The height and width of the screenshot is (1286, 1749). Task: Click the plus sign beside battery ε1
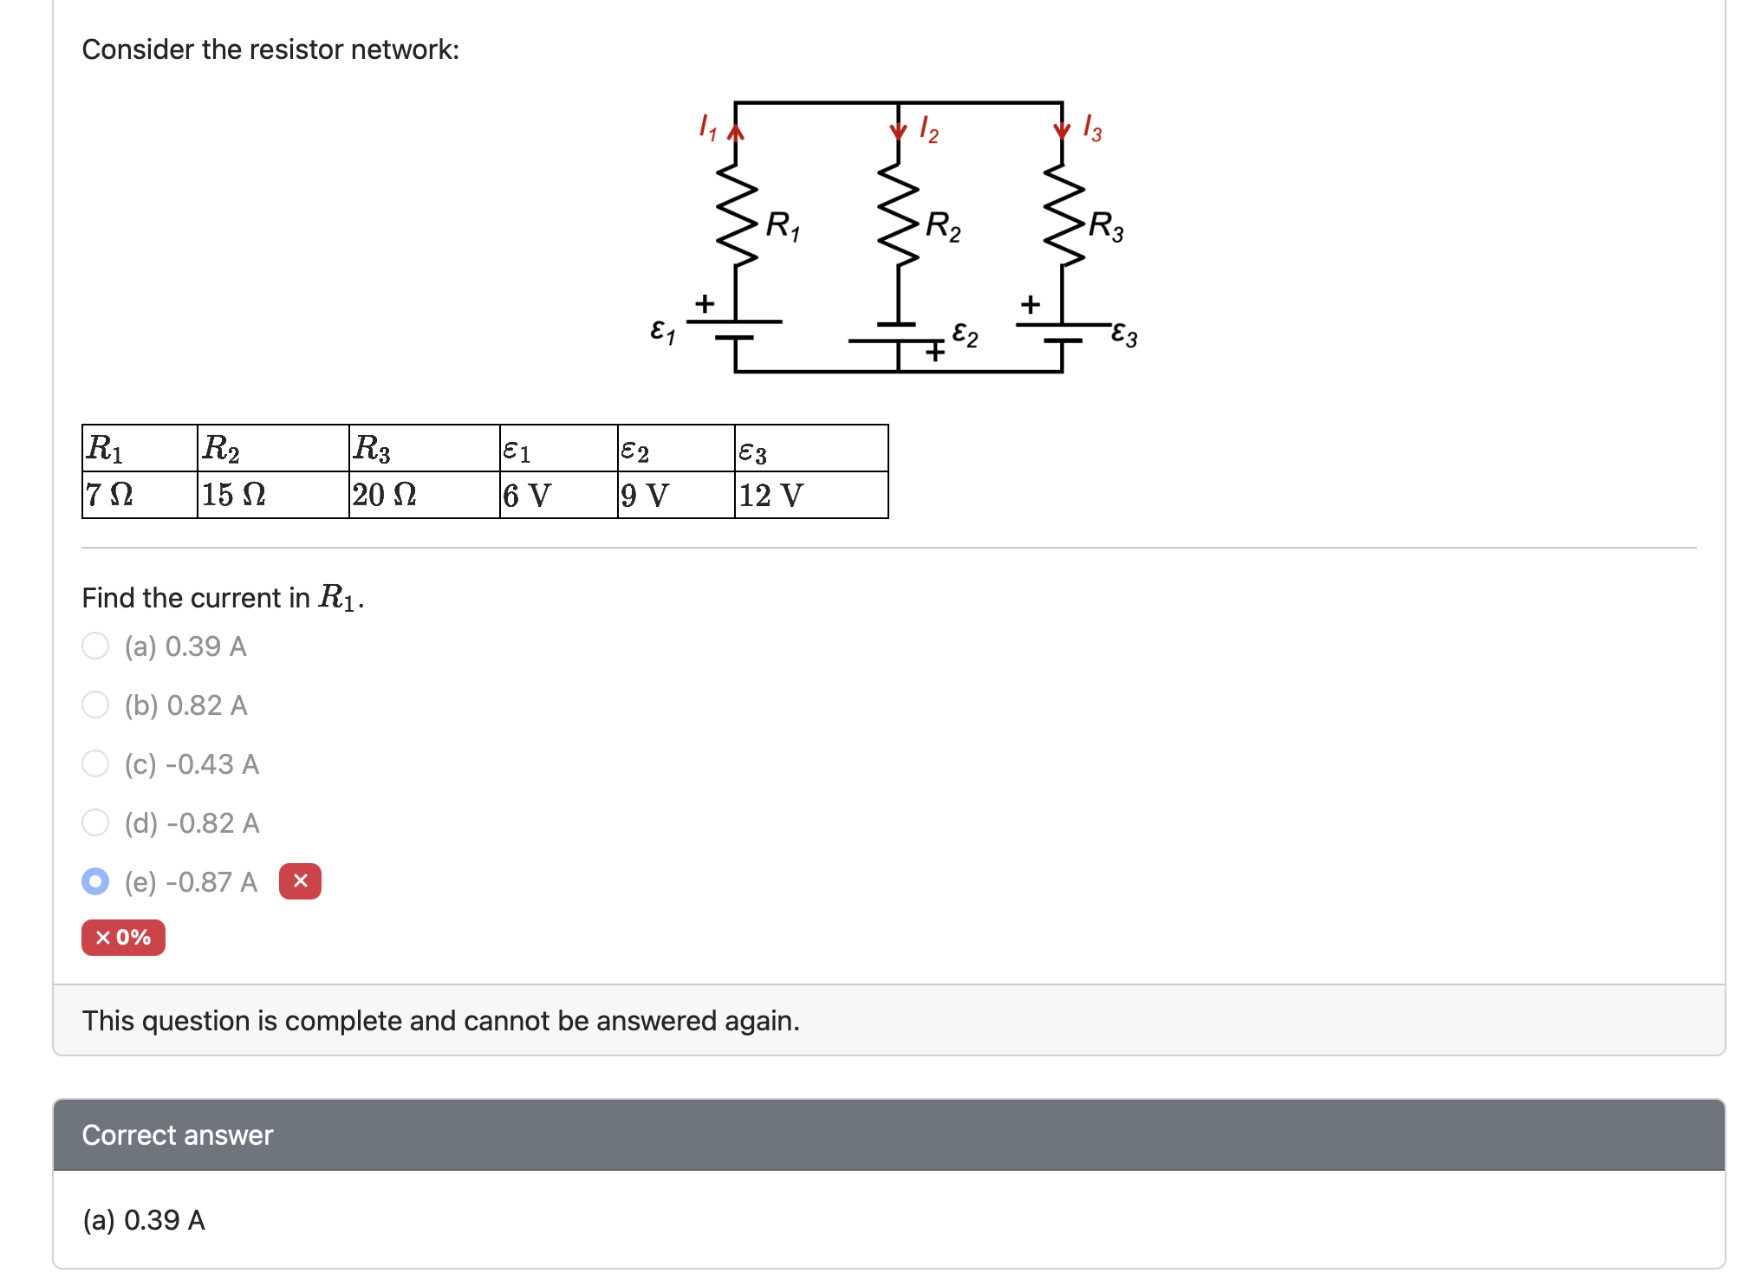705,303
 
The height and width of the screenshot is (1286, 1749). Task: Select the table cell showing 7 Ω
139,495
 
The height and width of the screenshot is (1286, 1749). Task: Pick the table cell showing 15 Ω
272,495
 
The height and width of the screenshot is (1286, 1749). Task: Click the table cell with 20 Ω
423,495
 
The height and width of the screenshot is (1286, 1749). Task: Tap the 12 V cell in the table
810,495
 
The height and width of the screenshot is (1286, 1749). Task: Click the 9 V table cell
675,495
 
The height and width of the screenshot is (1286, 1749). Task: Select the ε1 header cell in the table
557,449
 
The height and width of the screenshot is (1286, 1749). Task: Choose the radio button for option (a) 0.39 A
95,646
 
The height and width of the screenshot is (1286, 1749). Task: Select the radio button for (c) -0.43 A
95,763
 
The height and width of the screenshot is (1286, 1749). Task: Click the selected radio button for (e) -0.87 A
95,881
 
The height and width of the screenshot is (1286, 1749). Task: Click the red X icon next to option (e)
300,881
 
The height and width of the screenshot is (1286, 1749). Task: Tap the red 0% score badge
123,938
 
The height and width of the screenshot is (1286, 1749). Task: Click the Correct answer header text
178,1135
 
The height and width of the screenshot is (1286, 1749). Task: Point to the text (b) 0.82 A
185,705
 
